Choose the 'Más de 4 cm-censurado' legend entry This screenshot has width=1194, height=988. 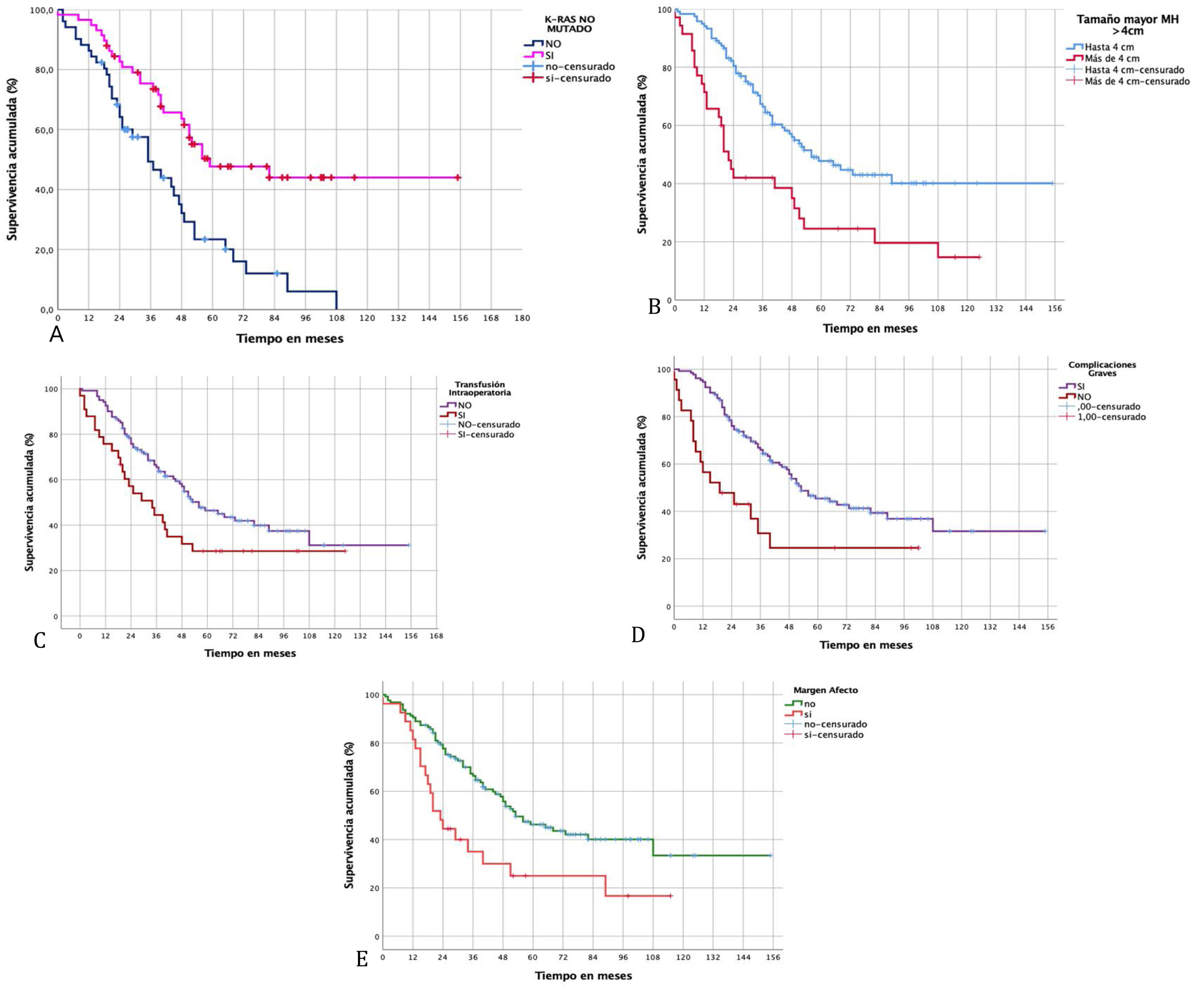(x=1136, y=81)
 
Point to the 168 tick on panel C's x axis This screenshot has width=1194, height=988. (x=436, y=636)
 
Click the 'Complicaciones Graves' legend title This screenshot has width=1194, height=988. (x=1102, y=369)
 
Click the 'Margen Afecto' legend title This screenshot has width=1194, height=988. (x=825, y=690)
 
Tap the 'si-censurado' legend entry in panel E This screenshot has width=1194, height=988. (x=833, y=735)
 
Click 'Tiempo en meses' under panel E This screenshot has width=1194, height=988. (x=583, y=976)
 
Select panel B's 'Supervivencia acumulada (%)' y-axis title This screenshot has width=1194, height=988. (x=642, y=154)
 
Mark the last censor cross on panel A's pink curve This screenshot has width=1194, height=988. (x=458, y=177)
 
